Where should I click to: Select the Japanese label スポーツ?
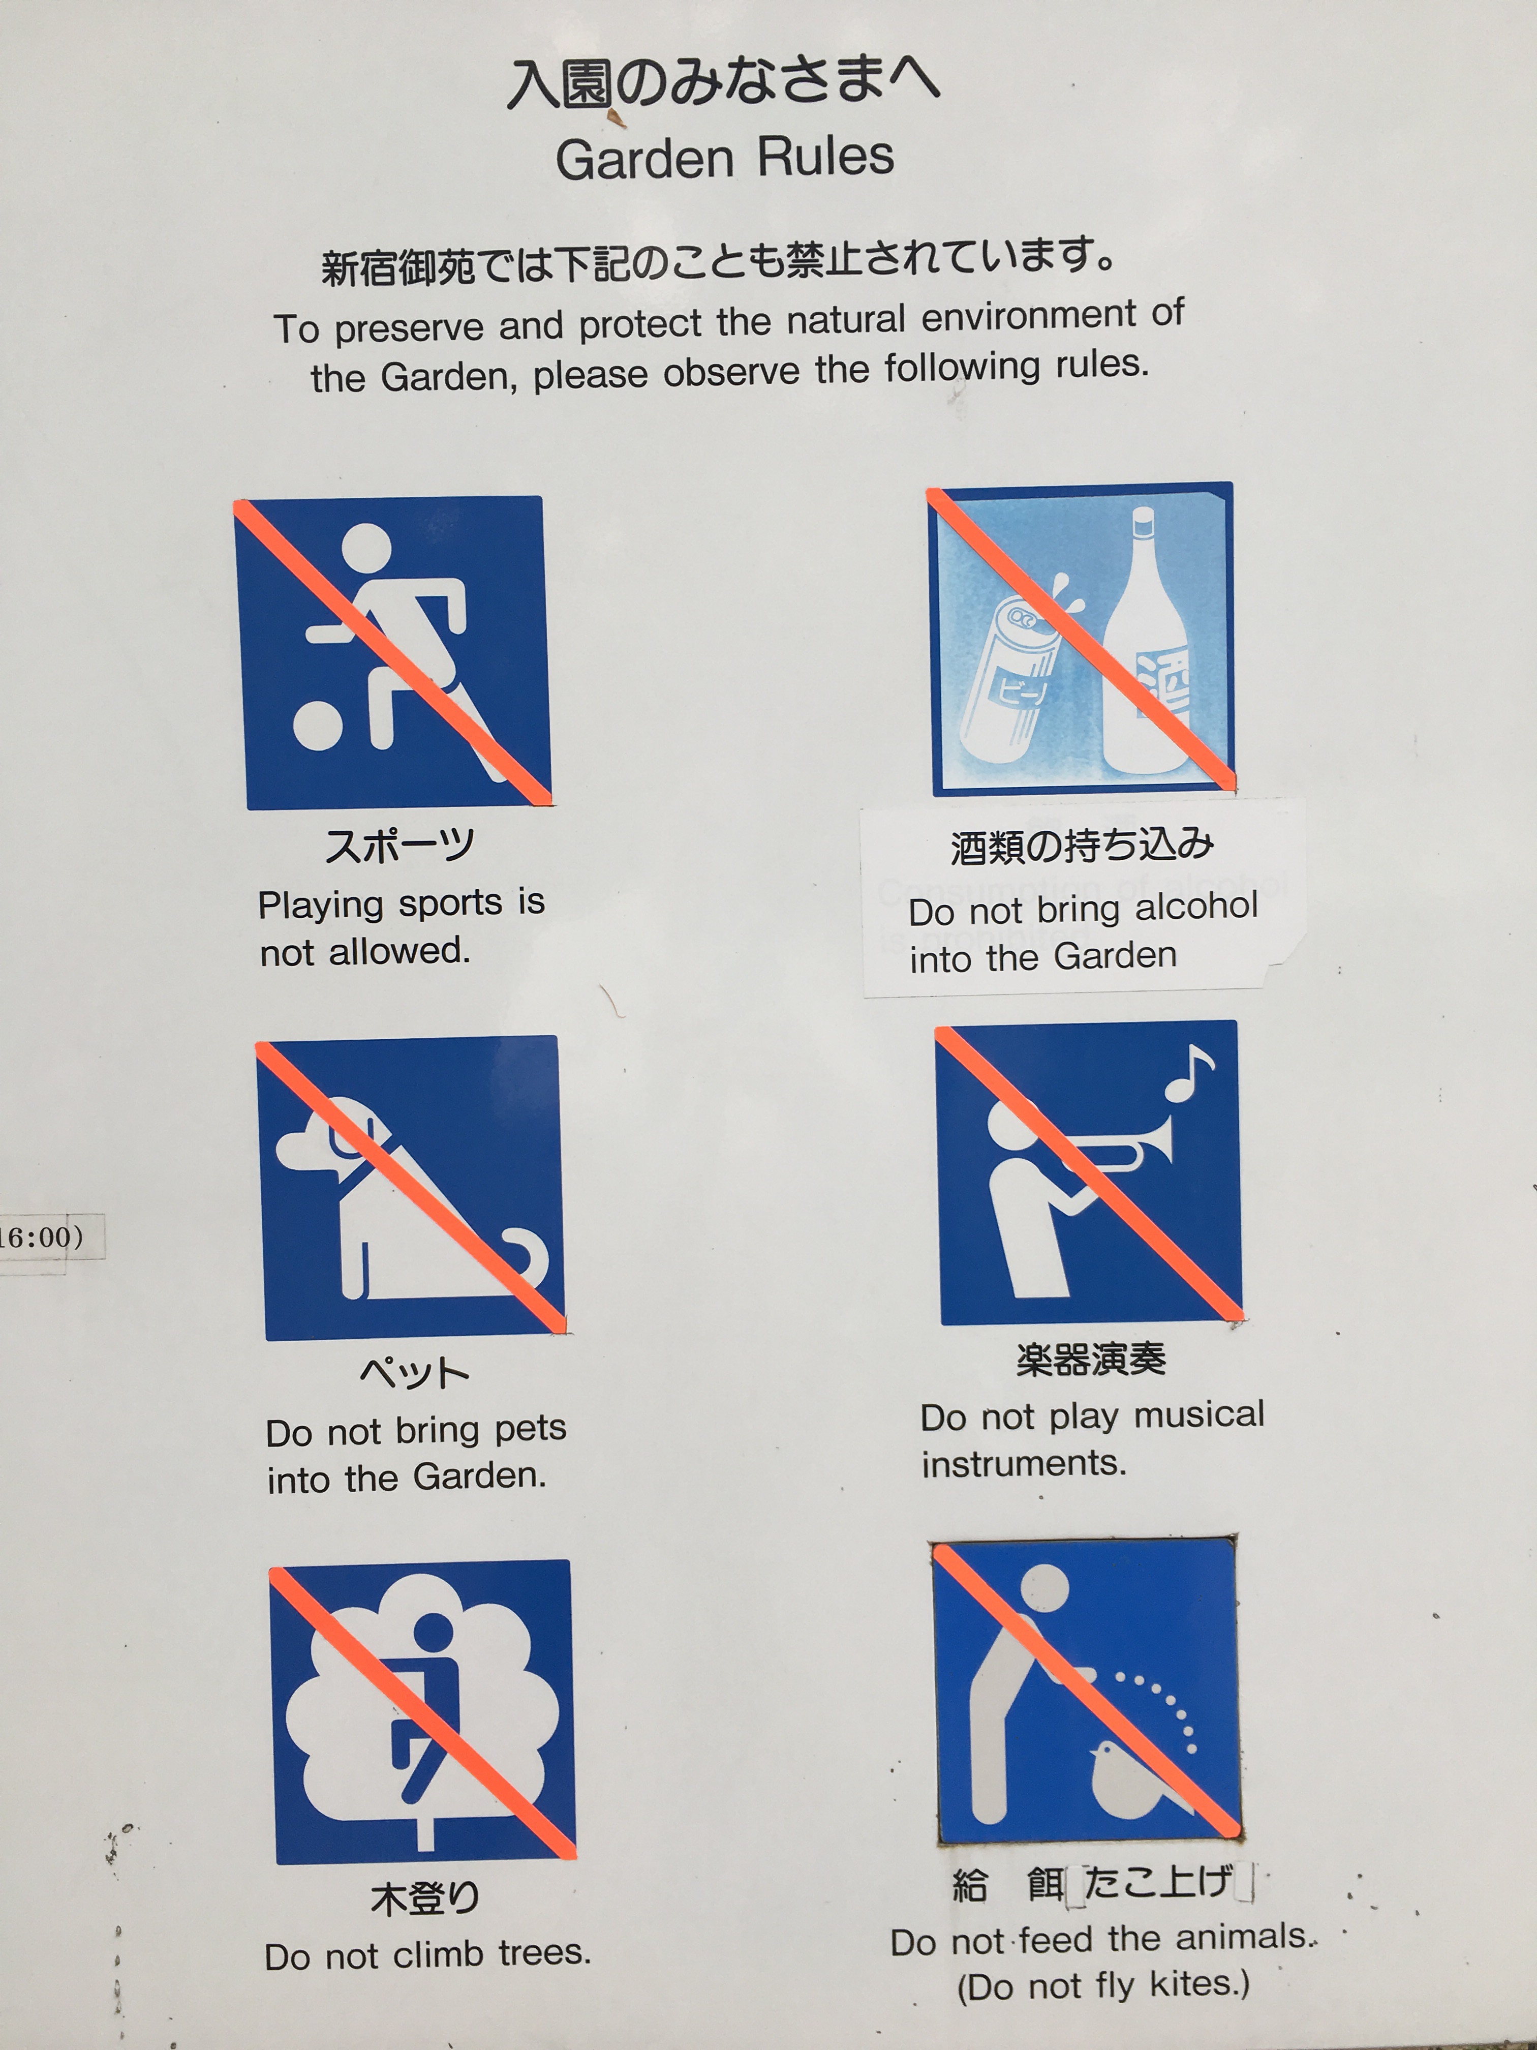(x=399, y=845)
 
